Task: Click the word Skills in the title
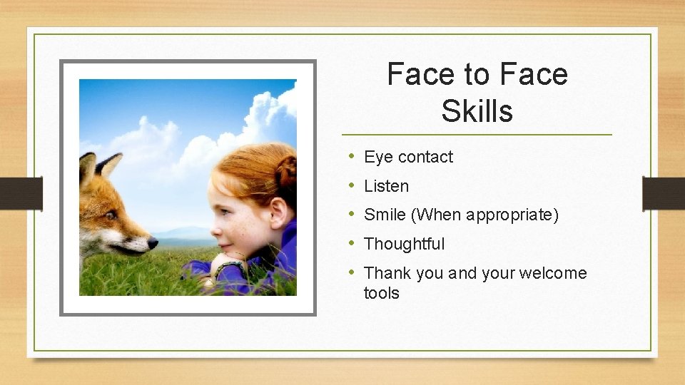(477, 111)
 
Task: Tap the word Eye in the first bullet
(378, 157)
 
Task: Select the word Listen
(386, 186)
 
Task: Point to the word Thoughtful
(404, 244)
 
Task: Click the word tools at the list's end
(381, 292)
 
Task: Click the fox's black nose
(152, 244)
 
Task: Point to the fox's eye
(111, 215)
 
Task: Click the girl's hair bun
(286, 172)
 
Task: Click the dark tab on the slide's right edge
(663, 192)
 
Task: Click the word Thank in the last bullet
(387, 273)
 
